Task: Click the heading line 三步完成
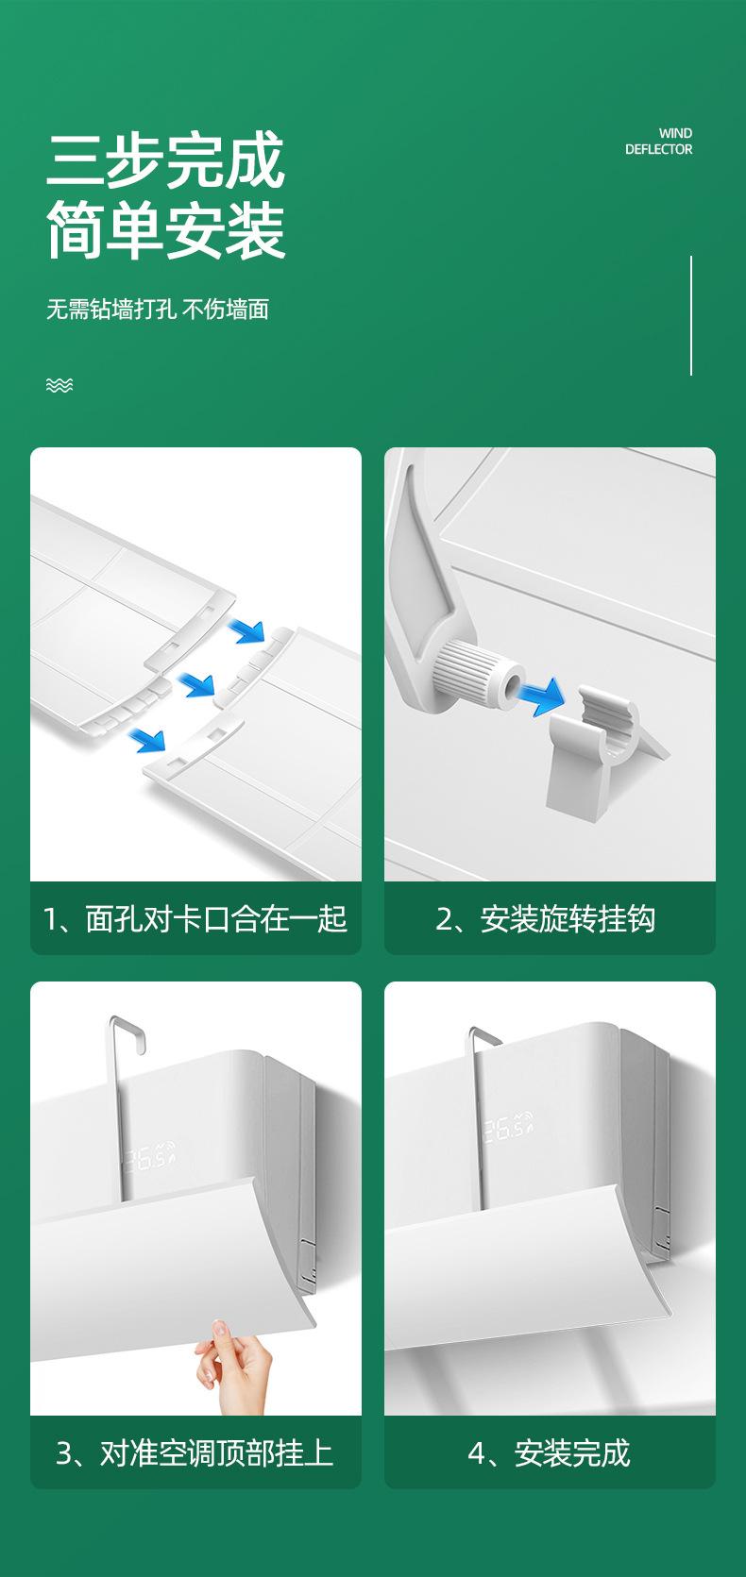tap(165, 160)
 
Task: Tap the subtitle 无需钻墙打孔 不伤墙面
tap(158, 309)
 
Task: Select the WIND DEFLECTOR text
tap(659, 142)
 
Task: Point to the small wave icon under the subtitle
tap(59, 384)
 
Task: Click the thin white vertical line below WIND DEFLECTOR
tap(691, 315)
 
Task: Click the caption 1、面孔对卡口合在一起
tap(195, 918)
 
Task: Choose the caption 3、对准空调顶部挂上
tap(195, 1452)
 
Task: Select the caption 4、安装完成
tap(549, 1452)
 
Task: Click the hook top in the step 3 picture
tap(127, 1028)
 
